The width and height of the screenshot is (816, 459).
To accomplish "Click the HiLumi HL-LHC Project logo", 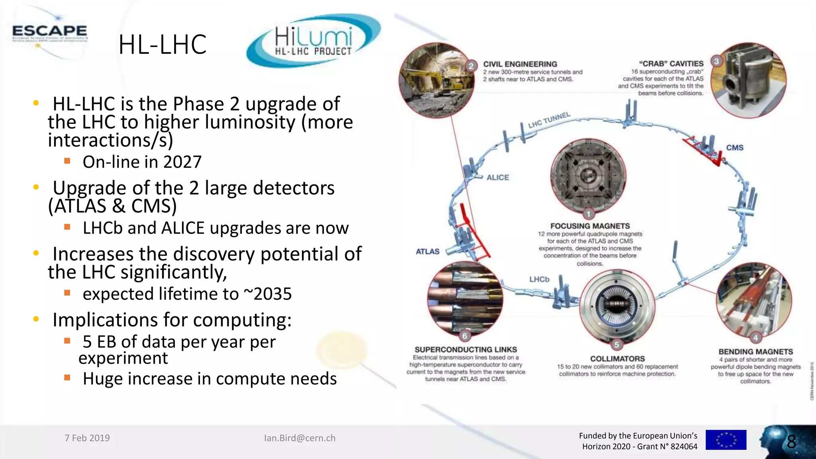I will [x=314, y=41].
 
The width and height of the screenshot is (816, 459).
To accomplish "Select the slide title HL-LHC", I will [x=162, y=44].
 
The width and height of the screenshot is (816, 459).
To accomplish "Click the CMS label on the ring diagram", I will [x=734, y=148].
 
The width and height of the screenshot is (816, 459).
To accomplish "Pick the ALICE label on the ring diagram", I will [x=498, y=178].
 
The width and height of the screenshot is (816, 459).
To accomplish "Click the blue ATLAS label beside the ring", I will [x=428, y=252].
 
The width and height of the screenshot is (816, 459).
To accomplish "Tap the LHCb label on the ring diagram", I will [x=539, y=279].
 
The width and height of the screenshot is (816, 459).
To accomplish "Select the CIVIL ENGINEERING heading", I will [x=520, y=64].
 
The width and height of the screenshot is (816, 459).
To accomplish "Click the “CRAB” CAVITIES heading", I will [x=671, y=64].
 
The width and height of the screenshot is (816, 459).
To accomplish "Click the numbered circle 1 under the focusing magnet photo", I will [x=588, y=214].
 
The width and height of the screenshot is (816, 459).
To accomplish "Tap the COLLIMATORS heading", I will [x=617, y=359].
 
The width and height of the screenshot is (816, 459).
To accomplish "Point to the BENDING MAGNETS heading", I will [x=755, y=352].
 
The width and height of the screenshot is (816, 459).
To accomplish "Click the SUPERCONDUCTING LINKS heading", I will [x=465, y=349].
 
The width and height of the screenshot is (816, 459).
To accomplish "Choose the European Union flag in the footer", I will [x=726, y=440].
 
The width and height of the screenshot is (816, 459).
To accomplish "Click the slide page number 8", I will [x=791, y=441].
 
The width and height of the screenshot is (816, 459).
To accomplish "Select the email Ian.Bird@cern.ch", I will [x=300, y=438].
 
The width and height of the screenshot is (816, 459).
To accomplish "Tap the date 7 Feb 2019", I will [x=87, y=438].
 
